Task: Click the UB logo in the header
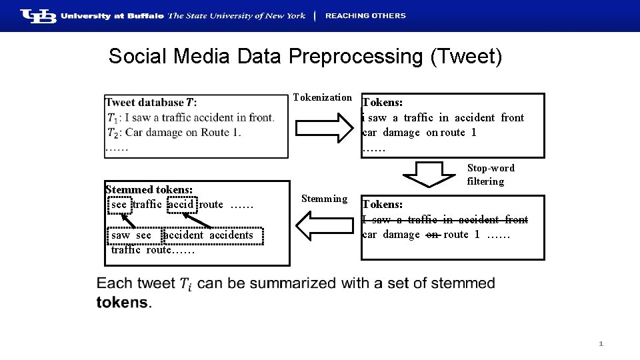(x=38, y=16)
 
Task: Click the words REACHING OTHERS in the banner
(x=365, y=16)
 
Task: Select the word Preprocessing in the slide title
(x=355, y=57)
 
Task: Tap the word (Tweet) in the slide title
(x=466, y=57)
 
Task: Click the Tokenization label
(x=322, y=98)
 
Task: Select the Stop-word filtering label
(x=490, y=175)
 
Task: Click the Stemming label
(x=324, y=199)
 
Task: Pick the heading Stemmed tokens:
(x=149, y=190)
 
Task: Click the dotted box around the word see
(x=119, y=205)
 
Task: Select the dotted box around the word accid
(x=181, y=205)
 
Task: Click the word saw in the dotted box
(x=121, y=235)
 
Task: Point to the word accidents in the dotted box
(x=231, y=235)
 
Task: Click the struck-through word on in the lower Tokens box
(x=432, y=235)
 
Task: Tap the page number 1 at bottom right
(x=601, y=344)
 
